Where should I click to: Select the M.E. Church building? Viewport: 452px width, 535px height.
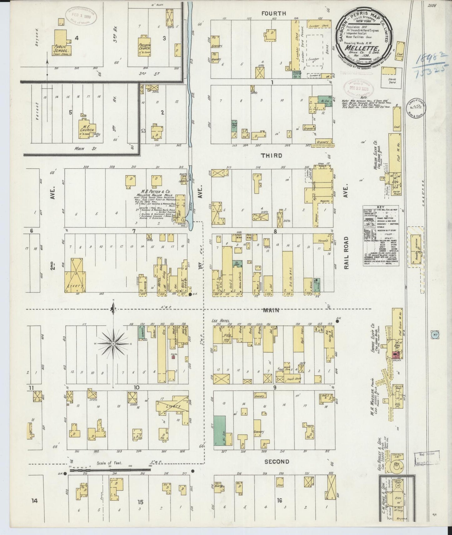point(87,129)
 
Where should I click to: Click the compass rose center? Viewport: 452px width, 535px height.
point(113,344)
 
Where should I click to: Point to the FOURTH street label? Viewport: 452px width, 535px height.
point(274,13)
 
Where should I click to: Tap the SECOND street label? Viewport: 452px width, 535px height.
point(277,461)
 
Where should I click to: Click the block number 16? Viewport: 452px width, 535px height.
point(279,501)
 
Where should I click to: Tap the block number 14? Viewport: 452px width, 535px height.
point(34,501)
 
